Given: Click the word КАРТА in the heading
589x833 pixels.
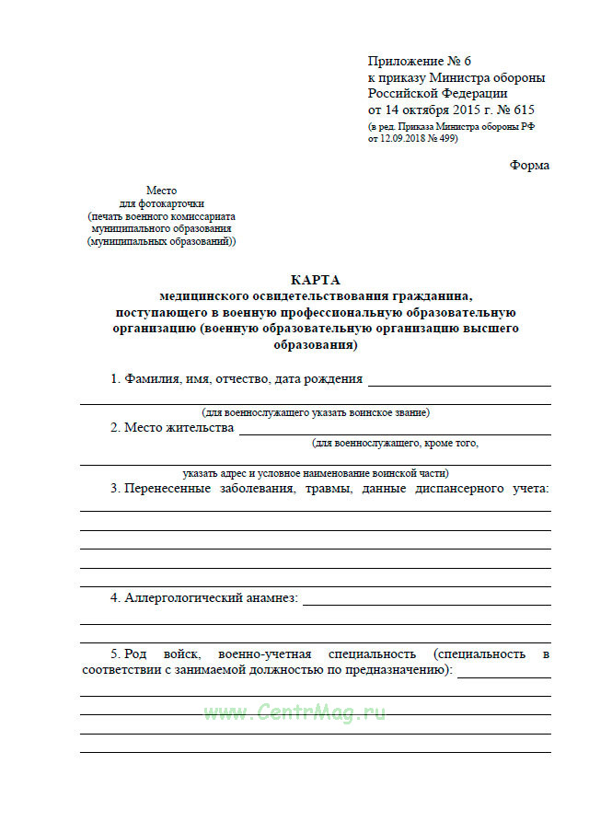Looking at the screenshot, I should [315, 280].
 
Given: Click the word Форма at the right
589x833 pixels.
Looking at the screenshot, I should [529, 166].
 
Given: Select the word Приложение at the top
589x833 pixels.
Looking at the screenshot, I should [402, 61].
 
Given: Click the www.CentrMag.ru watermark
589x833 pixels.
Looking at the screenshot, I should [294, 712].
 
